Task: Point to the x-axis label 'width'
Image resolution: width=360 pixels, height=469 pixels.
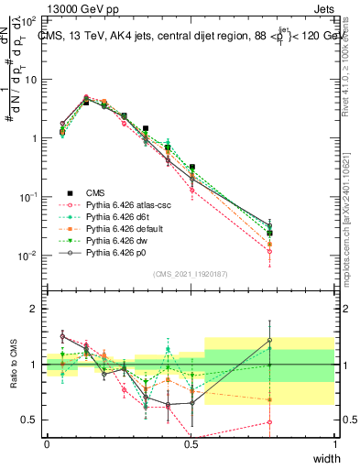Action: (325, 459)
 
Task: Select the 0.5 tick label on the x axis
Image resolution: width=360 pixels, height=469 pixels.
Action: (191, 444)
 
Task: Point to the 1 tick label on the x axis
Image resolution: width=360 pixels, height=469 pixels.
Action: (335, 444)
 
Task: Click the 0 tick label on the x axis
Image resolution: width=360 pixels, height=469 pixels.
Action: (48, 444)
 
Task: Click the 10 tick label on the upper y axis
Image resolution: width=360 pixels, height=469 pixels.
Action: (29, 79)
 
